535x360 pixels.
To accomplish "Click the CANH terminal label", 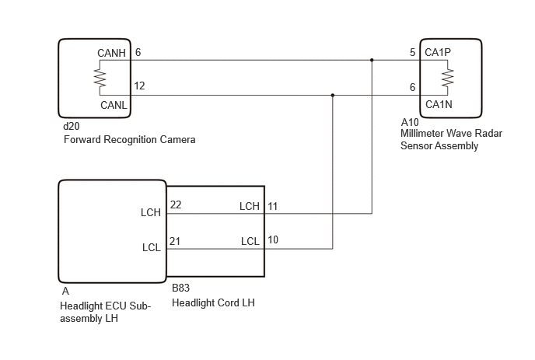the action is (x=111, y=53).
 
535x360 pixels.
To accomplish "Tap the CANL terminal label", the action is (x=114, y=105).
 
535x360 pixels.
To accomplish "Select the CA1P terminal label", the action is (x=438, y=52).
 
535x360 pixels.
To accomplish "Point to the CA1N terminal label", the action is (x=439, y=104).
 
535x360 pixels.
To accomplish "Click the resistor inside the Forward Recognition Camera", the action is (x=100, y=78).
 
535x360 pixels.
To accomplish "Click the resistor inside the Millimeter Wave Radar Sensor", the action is (x=448, y=78).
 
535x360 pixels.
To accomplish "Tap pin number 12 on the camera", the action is (x=139, y=86).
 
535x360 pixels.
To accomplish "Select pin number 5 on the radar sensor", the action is (x=412, y=52).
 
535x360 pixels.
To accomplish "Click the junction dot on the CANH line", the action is (x=372, y=60).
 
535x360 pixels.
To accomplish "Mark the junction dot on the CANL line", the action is (x=333, y=95).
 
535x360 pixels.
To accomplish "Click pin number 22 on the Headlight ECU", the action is (x=176, y=204).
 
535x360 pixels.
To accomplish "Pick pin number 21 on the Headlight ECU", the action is (x=175, y=241).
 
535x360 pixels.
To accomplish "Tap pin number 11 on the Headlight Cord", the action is (x=273, y=207).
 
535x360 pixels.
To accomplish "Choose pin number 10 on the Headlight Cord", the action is (x=273, y=240).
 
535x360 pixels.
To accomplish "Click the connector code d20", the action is (x=72, y=126).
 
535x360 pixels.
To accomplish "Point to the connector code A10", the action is (x=410, y=122).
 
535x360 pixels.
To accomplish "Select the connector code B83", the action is (x=181, y=288).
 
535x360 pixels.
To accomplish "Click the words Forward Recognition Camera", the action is (x=130, y=139).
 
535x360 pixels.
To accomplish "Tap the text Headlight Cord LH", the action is (x=213, y=302).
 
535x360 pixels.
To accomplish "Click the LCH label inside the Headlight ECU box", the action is (x=151, y=212).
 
